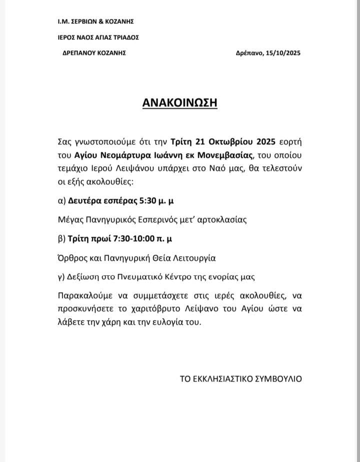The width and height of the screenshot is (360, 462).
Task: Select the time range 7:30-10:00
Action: pyautogui.click(x=130, y=239)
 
